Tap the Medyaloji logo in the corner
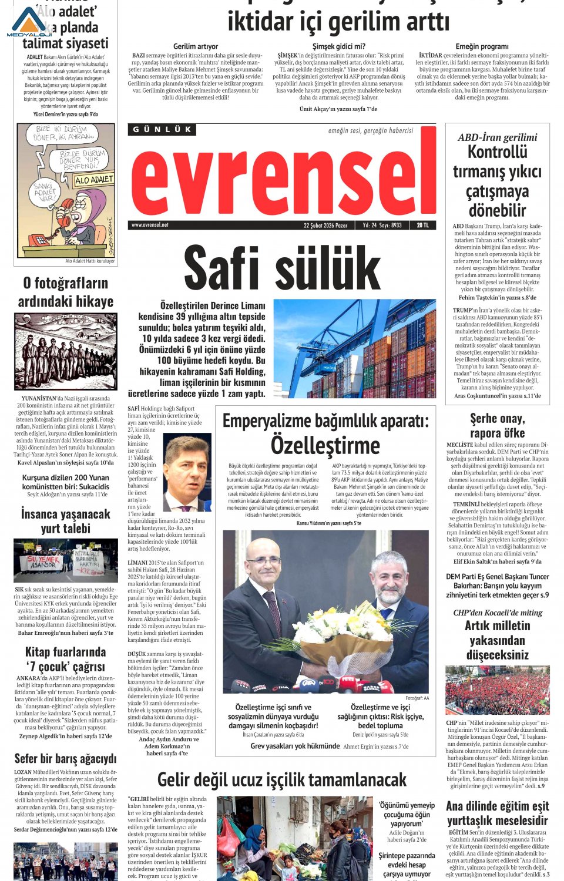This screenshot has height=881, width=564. click(x=29, y=22)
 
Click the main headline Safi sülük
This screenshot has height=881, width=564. click(x=282, y=269)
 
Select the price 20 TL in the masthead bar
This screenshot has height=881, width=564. click(x=423, y=225)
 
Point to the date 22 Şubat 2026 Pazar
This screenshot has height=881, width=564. click(x=325, y=225)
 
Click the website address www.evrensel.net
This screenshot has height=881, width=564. click(x=150, y=225)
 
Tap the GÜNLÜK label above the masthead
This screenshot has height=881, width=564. click(x=162, y=129)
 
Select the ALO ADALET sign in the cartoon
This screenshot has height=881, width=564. click(x=93, y=180)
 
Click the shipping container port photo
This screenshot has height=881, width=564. click(x=355, y=348)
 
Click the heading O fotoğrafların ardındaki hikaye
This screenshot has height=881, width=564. click(x=65, y=292)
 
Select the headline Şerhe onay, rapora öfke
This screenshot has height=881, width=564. click(x=497, y=425)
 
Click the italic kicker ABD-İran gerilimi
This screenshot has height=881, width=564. click(x=497, y=137)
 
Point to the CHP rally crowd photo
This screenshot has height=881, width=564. click(x=497, y=690)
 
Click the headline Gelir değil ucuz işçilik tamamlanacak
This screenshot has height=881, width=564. click(x=282, y=779)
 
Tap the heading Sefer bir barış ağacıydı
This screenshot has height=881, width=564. click(x=65, y=758)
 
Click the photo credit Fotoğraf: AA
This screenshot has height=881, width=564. click(x=417, y=698)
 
